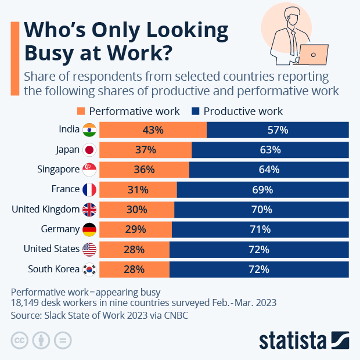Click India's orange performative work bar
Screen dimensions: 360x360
click(153, 130)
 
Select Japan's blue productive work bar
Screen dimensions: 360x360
click(270, 150)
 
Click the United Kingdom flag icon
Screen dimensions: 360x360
click(89, 209)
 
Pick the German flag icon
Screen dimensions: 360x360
click(89, 229)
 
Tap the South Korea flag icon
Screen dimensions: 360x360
click(89, 269)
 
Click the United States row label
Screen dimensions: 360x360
click(51, 249)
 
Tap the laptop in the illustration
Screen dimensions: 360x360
click(314, 55)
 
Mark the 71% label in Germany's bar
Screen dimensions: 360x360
click(260, 229)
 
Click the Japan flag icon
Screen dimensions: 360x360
click(89, 150)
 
